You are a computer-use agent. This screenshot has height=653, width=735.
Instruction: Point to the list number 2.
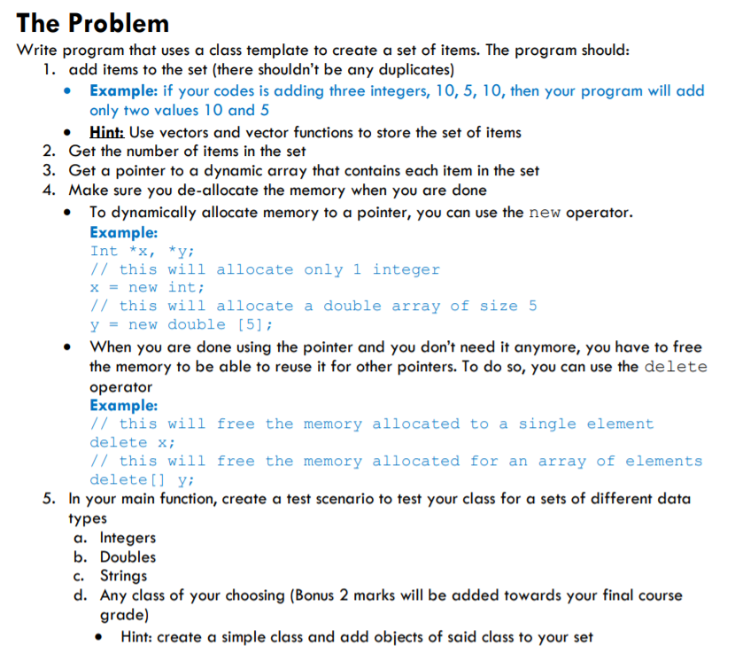point(50,152)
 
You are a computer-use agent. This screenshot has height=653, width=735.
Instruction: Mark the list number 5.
point(50,499)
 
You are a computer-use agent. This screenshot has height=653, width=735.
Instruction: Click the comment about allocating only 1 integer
point(265,269)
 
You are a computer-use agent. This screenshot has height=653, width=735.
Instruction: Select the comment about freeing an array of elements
point(396,461)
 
